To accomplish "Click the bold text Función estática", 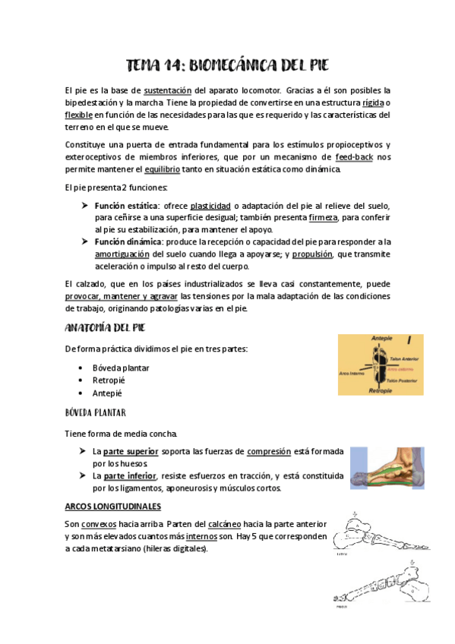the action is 126,206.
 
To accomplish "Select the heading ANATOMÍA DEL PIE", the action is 106,327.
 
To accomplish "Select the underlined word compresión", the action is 269,451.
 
